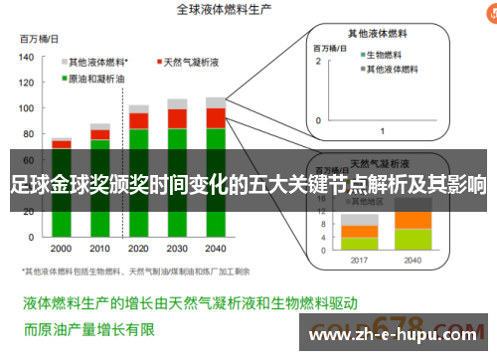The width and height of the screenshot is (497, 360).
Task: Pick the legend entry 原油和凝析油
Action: point(99,78)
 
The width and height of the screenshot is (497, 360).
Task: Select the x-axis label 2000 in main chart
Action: point(61,248)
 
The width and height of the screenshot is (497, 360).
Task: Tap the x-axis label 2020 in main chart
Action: point(138,248)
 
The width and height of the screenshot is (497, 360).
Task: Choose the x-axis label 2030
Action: point(177,248)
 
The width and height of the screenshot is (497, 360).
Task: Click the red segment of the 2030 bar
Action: point(177,118)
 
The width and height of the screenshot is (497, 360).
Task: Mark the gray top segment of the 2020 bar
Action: point(138,107)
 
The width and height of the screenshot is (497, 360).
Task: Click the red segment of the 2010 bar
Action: point(99,135)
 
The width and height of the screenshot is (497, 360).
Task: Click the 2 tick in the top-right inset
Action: point(319,61)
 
